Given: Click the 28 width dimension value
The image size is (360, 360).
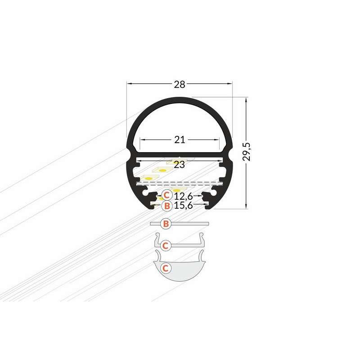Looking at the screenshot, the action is [179, 85].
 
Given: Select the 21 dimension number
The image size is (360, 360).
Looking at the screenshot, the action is [180, 139].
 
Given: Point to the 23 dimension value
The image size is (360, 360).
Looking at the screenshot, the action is [179, 165].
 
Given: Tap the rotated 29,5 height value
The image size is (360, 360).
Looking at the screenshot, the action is [247, 152].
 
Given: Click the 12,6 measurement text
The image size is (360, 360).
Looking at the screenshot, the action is [184, 196].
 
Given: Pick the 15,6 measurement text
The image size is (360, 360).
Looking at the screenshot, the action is [184, 205].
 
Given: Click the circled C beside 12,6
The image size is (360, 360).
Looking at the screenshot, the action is [166, 195].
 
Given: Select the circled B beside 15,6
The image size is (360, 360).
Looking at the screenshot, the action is [167, 206].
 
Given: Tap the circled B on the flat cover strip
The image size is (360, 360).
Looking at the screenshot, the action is [166, 223].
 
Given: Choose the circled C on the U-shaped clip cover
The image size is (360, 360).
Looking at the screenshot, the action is [165, 246].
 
